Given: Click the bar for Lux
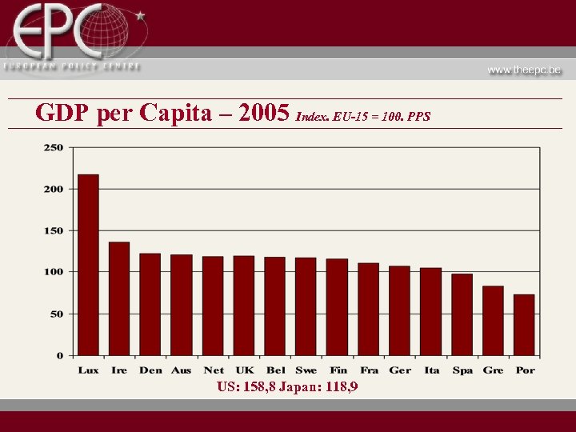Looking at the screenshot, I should coord(88,265).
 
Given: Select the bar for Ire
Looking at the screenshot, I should coord(119,298).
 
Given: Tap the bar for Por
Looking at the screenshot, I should coord(524,325).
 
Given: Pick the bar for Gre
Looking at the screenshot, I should coord(493,320).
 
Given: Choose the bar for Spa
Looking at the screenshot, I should coord(462,314).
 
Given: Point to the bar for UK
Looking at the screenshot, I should coord(244,306).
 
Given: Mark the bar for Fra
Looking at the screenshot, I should coord(369,309).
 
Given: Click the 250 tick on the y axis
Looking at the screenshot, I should coord(53,147).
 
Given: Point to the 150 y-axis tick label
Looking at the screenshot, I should coord(53,230).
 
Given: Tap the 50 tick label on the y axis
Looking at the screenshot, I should coord(56,314).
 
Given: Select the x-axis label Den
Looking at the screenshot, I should coord(150,370).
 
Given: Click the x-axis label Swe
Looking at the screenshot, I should coord(306,370).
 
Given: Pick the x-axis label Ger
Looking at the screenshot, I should coord(400,370).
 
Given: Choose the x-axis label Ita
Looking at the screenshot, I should coord(431,370).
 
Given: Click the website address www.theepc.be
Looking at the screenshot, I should coord(524,70).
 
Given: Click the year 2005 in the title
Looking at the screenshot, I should coord(264,114).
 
